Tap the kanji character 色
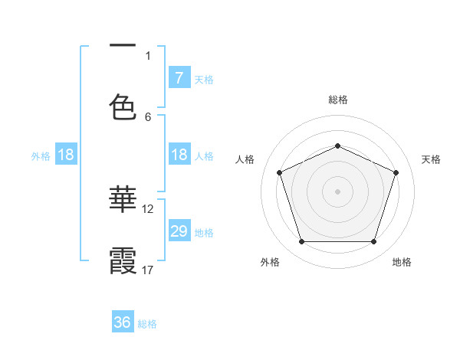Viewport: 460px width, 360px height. tap(123, 106)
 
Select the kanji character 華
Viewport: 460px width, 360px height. tap(123, 198)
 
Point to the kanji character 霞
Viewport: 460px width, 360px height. tap(123, 260)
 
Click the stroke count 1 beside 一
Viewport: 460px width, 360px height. tap(148, 55)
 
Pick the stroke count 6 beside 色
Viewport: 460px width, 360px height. tap(148, 116)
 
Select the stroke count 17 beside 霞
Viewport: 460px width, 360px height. tap(148, 270)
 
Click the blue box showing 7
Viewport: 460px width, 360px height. tap(179, 78)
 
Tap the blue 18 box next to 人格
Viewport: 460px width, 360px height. tap(179, 155)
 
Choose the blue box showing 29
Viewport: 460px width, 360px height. tap(179, 231)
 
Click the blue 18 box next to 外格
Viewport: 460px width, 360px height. tap(66, 155)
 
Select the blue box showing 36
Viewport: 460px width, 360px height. tap(123, 322)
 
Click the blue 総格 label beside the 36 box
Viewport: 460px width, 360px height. tap(147, 324)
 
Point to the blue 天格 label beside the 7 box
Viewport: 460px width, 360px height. tap(204, 79)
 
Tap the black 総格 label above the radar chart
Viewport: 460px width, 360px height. tap(337, 100)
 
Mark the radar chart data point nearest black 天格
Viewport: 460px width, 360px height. tap(396, 172)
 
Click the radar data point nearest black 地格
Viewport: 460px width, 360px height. tap(373, 241)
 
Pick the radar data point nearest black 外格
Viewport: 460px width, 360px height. tap(301, 241)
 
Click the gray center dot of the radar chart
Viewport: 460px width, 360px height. tap(337, 191)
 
